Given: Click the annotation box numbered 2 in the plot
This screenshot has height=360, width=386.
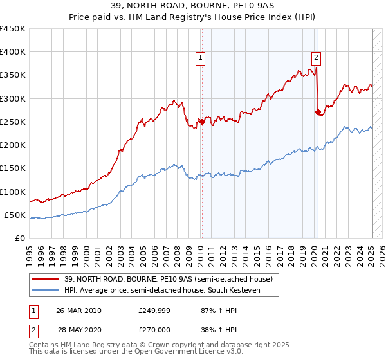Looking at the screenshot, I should pyautogui.click(x=317, y=57).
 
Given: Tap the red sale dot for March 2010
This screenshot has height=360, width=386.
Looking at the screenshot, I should pyautogui.click(x=201, y=122).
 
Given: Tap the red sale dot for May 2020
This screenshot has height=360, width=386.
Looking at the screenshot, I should pyautogui.click(x=318, y=112).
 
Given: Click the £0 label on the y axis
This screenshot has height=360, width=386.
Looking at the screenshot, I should pyautogui.click(x=21, y=238).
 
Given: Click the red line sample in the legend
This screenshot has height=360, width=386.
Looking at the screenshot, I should pyautogui.click(x=46, y=279).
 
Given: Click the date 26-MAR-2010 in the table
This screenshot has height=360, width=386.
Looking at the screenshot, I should pyautogui.click(x=78, y=310).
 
